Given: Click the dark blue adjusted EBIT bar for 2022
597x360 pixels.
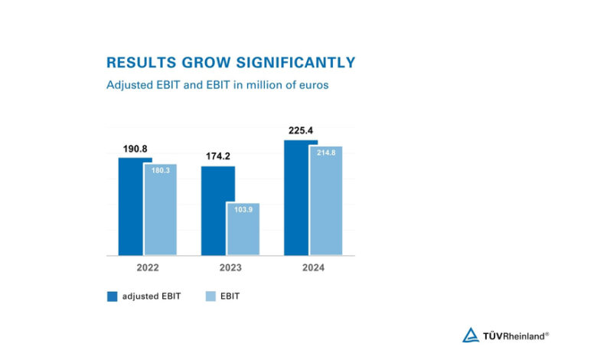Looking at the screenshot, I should click(130, 206).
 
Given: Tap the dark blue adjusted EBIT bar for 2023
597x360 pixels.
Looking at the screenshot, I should click(217, 211).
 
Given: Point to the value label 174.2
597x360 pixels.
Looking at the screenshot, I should click(218, 157).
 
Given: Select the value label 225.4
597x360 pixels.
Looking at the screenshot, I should click(301, 131).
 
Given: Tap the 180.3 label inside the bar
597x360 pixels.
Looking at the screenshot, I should click(160, 171).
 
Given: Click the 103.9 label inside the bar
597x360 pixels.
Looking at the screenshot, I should click(243, 210).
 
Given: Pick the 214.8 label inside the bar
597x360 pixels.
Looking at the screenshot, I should click(326, 153).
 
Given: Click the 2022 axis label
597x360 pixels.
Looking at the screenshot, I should click(147, 267).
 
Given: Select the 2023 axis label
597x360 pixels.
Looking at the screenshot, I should click(230, 267).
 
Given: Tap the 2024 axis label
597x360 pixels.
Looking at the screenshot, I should click(313, 267).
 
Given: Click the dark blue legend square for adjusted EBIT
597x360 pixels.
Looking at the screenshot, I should click(112, 296).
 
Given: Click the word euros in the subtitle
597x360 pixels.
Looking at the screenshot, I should click(313, 85).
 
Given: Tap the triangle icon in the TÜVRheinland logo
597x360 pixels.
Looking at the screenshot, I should click(471, 335).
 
